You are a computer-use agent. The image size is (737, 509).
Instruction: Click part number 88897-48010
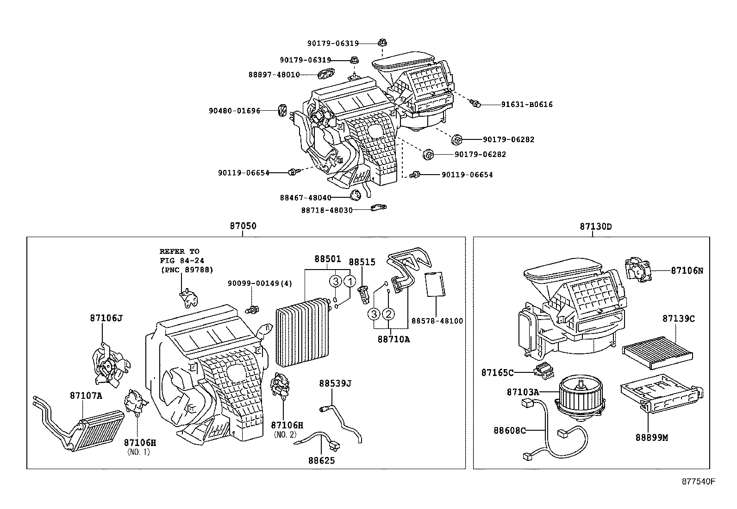pyautogui.click(x=281, y=75)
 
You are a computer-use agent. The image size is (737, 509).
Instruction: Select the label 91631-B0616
pyautogui.click(x=527, y=105)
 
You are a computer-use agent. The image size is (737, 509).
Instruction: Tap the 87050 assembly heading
pyautogui.click(x=243, y=226)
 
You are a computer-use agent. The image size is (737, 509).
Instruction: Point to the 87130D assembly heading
pyautogui.click(x=595, y=226)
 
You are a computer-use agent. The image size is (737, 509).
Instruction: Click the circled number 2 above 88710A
pyautogui.click(x=388, y=314)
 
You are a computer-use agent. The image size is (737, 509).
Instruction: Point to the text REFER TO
pyautogui.click(x=180, y=251)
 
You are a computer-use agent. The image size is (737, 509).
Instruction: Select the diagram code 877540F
pyautogui.click(x=698, y=481)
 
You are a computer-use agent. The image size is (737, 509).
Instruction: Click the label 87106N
pyautogui.click(x=687, y=270)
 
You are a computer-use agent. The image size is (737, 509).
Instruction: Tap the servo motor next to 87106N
pyautogui.click(x=638, y=269)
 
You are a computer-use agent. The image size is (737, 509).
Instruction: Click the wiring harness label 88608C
pyautogui.click(x=509, y=430)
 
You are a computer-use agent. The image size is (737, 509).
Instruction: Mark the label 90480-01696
pyautogui.click(x=234, y=111)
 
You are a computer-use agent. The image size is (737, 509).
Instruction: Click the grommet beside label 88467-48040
pyautogui.click(x=356, y=195)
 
